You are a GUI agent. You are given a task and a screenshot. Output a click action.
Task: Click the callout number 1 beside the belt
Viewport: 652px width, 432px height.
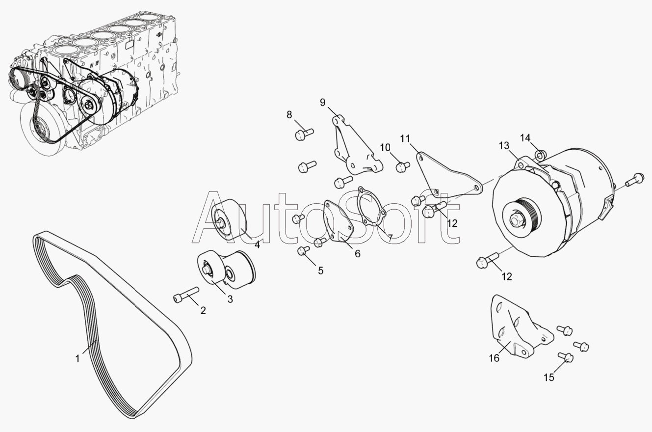(78, 359)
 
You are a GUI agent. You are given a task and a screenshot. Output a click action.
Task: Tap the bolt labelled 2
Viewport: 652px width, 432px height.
(186, 295)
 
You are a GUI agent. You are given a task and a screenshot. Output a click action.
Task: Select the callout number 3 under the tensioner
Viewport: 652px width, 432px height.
(230, 299)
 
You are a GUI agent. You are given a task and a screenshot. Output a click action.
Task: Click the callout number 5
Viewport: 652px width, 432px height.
(320, 270)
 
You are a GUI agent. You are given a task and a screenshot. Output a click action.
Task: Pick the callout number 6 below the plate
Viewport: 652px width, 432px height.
(358, 254)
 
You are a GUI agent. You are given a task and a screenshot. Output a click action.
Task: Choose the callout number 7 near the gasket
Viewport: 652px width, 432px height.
(390, 238)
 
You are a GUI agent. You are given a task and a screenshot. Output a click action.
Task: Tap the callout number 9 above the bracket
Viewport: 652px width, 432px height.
(322, 103)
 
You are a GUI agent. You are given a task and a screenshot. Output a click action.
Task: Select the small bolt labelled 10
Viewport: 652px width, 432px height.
(403, 166)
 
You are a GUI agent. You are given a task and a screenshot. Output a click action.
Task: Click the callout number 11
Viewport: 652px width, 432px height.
(405, 138)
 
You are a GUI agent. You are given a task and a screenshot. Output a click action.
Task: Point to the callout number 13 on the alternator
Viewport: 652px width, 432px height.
(504, 146)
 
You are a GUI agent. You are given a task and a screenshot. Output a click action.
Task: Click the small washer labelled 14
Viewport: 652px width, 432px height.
(540, 156)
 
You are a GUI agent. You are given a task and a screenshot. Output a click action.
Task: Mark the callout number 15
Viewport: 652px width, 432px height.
(549, 378)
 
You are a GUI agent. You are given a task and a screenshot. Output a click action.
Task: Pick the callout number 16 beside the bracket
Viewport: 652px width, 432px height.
(494, 358)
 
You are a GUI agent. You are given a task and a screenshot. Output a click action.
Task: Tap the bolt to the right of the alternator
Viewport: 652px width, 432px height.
(634, 179)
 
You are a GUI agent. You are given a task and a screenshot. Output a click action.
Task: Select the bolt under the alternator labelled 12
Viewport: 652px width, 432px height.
(487, 261)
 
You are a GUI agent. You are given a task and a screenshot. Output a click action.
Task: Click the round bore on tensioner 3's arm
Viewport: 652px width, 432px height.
(229, 274)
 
